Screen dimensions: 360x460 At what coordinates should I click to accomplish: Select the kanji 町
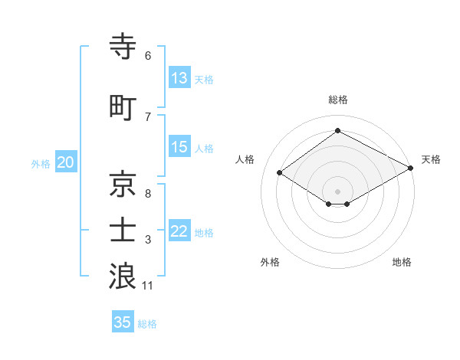coord(123,106)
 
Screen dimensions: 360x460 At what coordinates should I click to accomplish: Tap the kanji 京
coord(123,183)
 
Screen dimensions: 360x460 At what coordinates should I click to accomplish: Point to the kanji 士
coord(123,230)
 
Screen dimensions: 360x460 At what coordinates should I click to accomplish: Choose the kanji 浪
coord(123,276)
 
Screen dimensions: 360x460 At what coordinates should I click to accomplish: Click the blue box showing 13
coord(179,78)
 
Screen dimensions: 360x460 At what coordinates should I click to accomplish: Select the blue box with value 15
coord(179,148)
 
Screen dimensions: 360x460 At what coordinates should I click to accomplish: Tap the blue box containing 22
coord(179,232)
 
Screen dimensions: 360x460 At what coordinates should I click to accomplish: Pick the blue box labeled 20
coord(66,162)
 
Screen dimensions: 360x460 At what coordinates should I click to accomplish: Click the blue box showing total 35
coord(123,322)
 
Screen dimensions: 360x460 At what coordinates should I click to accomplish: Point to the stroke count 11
coord(148,286)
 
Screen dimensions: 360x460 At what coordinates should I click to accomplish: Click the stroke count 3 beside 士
coord(148,240)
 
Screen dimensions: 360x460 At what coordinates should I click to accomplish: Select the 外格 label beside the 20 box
coord(41,163)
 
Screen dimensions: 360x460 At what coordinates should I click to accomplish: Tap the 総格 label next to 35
coord(147,324)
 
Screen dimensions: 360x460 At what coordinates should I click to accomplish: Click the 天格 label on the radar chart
coord(431,159)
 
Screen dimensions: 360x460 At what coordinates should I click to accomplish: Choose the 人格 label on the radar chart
coord(245,159)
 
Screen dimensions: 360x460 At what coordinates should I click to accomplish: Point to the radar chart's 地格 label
coord(402,262)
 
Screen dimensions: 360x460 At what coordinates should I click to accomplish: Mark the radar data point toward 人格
coord(280,173)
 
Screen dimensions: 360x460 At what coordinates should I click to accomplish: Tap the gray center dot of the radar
coord(337,190)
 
